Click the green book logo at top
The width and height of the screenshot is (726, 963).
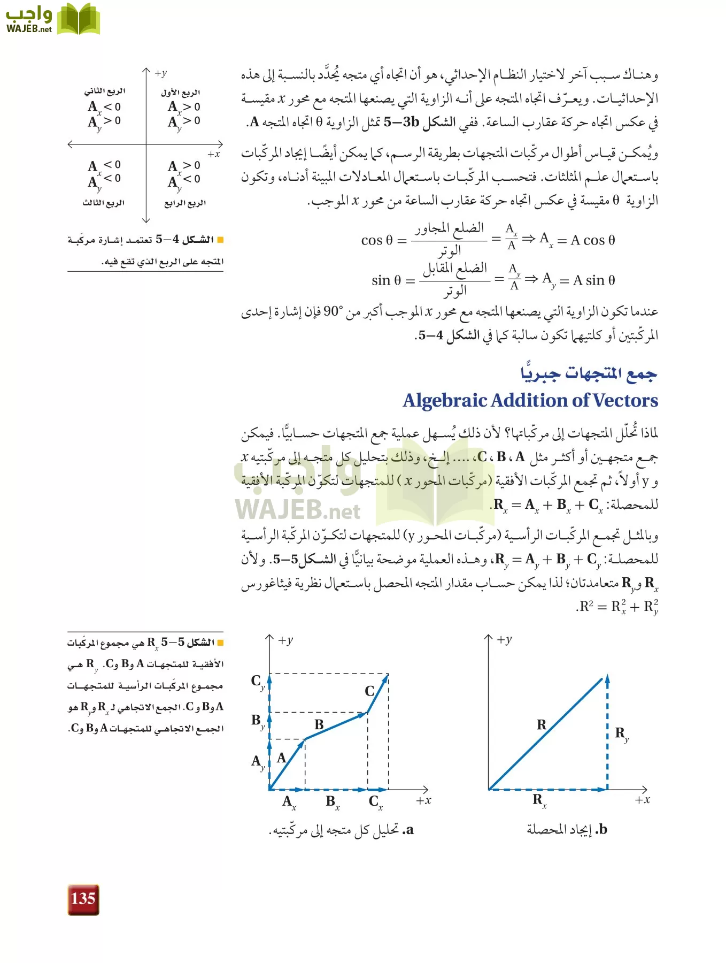(x=79, y=20)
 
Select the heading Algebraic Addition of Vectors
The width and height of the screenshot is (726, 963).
(x=530, y=401)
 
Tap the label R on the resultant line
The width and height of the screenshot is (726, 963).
(x=542, y=725)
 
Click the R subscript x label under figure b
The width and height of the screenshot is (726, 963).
(x=539, y=800)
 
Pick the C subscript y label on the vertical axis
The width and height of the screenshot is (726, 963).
(x=258, y=682)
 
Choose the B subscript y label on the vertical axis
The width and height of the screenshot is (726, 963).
(x=258, y=721)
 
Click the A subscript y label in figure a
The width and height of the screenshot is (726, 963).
(x=258, y=762)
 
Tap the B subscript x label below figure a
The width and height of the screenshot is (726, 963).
(x=332, y=802)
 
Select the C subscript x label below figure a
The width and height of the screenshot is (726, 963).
(x=375, y=802)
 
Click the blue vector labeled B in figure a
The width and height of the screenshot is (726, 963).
(x=336, y=726)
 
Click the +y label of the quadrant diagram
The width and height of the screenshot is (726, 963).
(x=160, y=73)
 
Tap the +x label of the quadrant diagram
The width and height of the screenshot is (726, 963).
(x=214, y=154)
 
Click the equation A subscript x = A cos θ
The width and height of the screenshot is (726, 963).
(x=577, y=240)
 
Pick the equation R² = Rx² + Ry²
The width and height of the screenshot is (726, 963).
(x=619, y=607)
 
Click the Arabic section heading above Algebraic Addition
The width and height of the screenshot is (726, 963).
(x=588, y=373)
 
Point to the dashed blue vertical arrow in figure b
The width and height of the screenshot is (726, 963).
(x=607, y=733)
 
